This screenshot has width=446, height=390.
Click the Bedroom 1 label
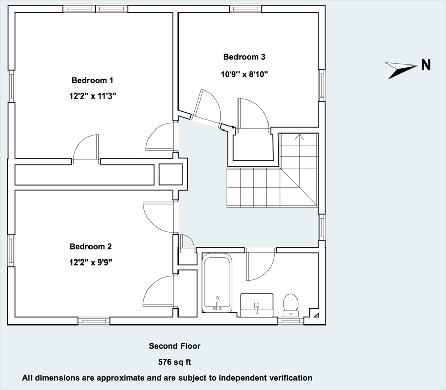point(92,80)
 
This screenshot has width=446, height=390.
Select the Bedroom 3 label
point(244,57)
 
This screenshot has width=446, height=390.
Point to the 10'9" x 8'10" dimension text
point(244,74)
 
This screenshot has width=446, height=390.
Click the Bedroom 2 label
point(91,247)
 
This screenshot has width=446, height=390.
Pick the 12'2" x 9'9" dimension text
point(91,263)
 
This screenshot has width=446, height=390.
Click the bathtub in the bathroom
point(217,283)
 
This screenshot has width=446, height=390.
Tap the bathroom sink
point(257,304)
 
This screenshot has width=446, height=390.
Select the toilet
point(291,304)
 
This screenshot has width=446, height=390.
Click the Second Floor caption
point(174,346)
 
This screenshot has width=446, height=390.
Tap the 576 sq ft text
point(174,363)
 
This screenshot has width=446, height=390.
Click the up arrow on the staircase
point(299,137)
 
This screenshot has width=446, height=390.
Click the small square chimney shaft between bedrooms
point(170,174)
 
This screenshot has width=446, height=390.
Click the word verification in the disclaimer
point(289,378)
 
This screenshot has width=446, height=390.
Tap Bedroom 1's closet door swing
point(85,148)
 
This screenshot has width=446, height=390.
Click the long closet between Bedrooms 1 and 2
point(84,174)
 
